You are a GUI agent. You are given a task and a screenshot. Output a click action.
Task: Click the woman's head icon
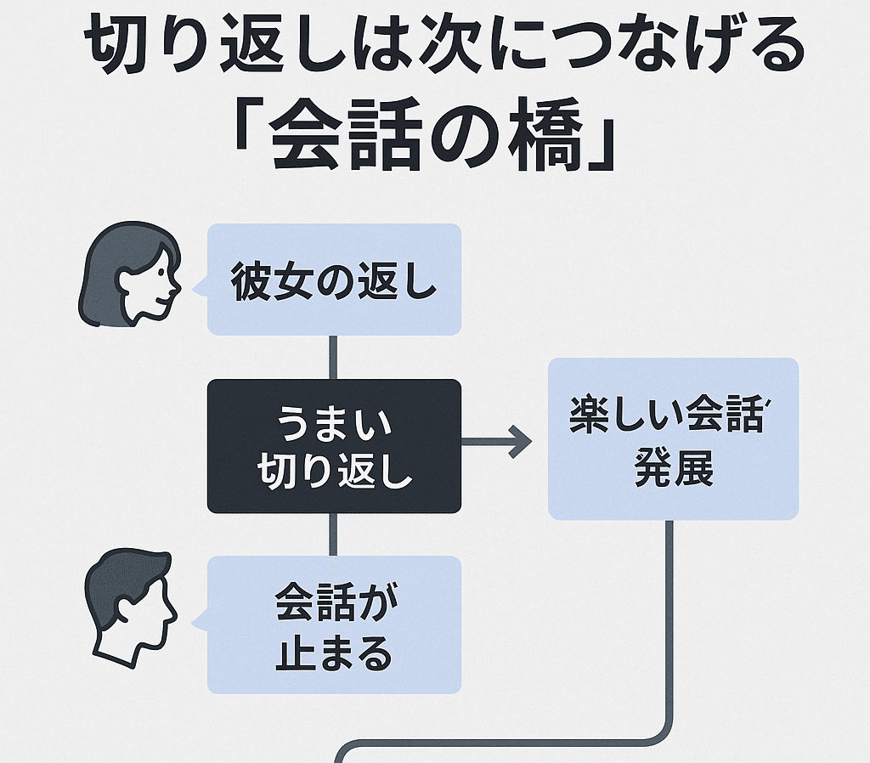tap(129, 274)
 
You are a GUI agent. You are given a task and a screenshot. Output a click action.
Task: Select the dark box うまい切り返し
tap(334, 445)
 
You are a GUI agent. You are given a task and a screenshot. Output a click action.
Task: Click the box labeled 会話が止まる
tap(334, 625)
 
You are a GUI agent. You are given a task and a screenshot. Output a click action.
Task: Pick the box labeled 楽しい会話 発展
tap(673, 438)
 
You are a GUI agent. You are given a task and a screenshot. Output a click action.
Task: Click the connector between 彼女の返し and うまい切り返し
tap(333, 357)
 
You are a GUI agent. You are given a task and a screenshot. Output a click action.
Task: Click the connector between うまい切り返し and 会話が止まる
tap(333, 534)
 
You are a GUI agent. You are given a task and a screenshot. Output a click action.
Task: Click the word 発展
tap(674, 470)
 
